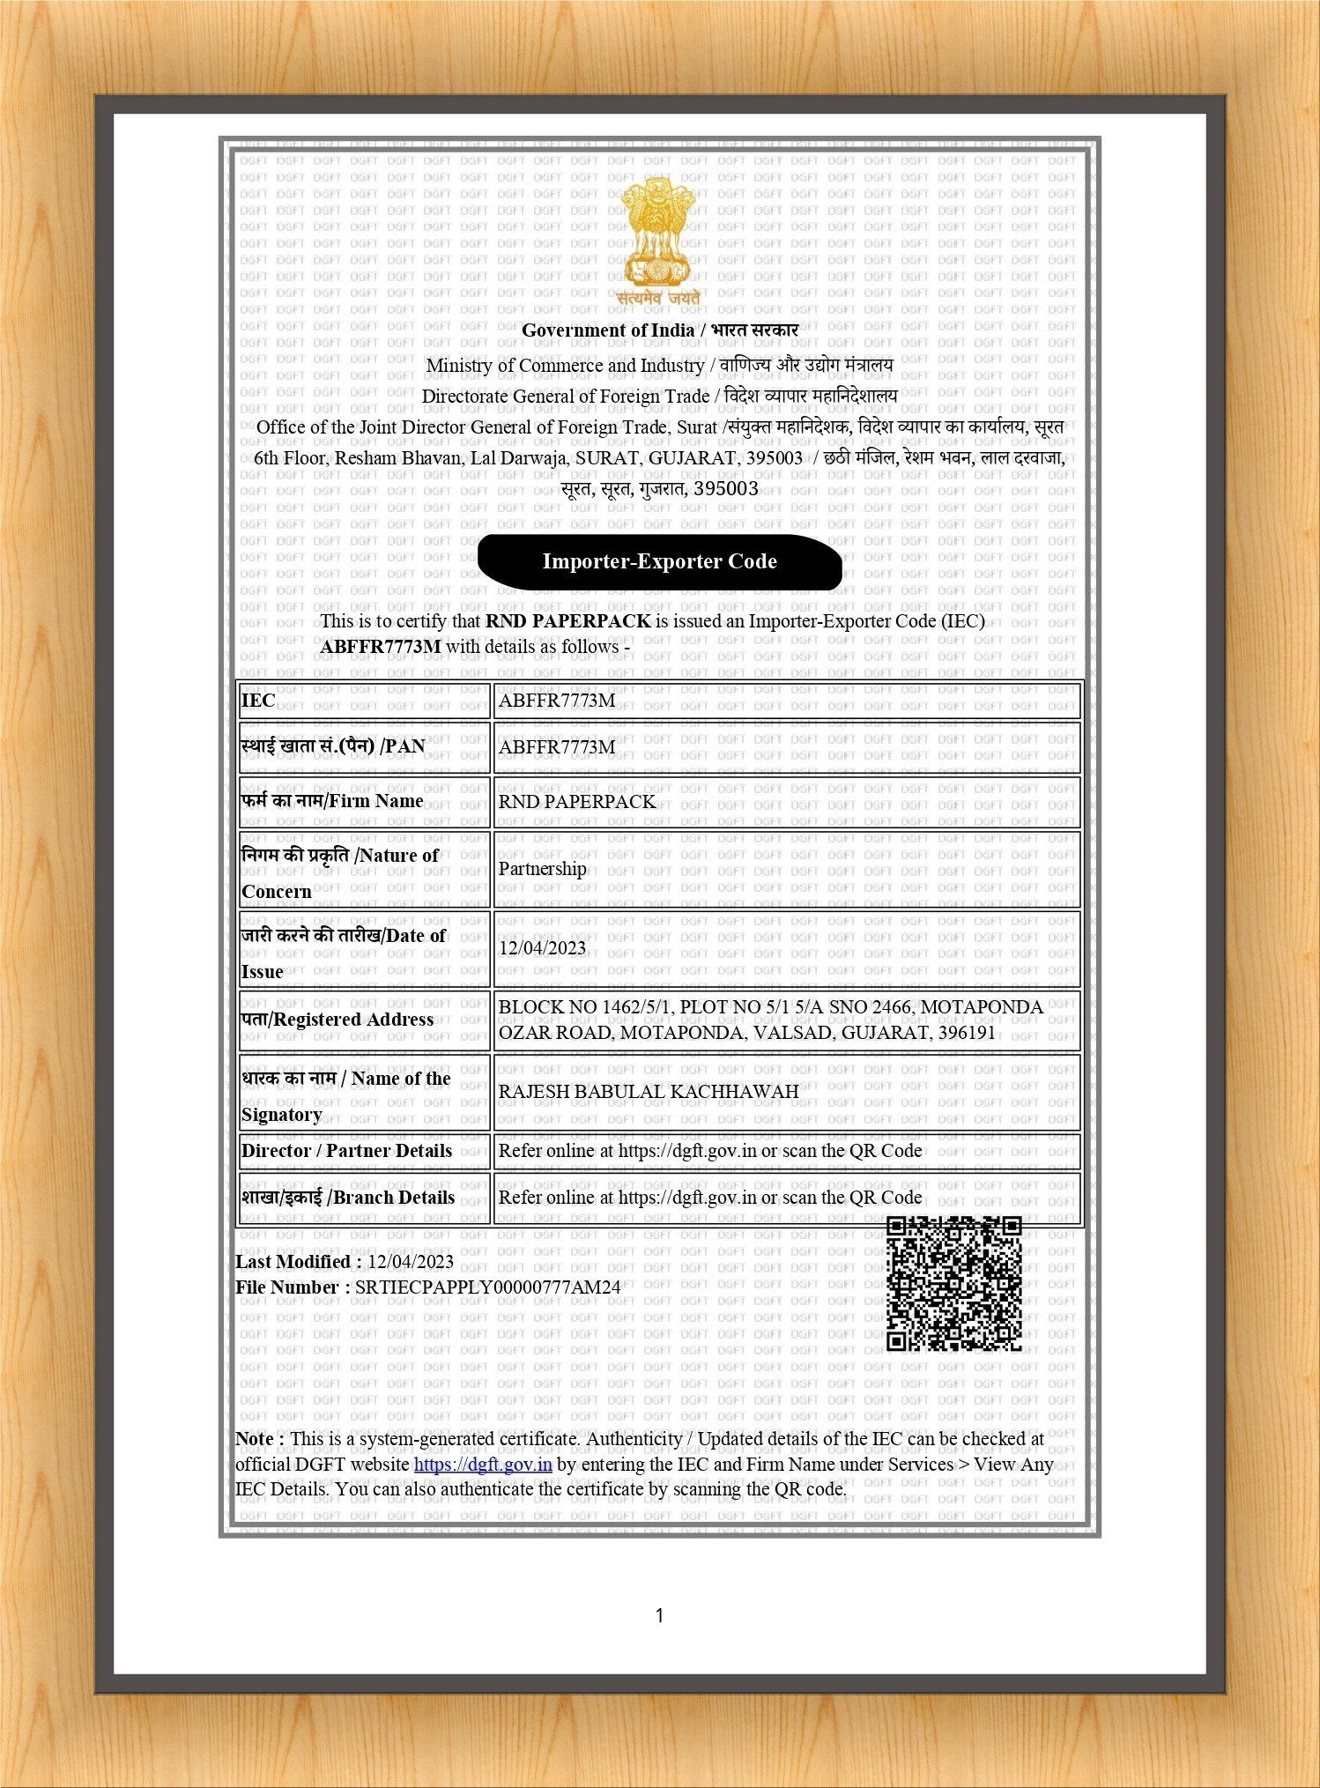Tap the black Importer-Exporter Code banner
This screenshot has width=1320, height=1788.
click(x=659, y=561)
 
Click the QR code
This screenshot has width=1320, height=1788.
click(x=953, y=1283)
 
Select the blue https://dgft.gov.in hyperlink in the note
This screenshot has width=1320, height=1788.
click(x=483, y=1465)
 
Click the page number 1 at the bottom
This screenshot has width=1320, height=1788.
click(x=659, y=1615)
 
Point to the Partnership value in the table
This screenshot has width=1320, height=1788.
click(x=542, y=869)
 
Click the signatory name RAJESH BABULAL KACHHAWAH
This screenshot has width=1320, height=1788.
click(x=649, y=1092)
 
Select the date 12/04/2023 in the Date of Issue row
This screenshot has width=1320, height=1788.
click(x=542, y=948)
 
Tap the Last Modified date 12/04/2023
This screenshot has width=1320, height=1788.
click(x=411, y=1262)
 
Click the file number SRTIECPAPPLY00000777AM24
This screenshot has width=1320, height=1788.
click(x=487, y=1287)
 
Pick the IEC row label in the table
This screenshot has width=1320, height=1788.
click(x=258, y=701)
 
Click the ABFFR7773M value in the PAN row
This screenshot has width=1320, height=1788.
click(x=557, y=747)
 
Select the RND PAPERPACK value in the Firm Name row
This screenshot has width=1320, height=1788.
click(x=577, y=802)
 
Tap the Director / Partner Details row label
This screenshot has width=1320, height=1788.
click(x=346, y=1151)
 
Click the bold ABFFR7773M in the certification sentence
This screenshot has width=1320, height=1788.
click(x=381, y=647)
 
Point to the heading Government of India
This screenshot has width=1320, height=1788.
click(x=608, y=330)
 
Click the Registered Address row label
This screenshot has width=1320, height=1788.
click(x=337, y=1020)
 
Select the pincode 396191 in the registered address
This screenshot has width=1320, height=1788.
click(x=967, y=1033)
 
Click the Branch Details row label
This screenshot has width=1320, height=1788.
click(x=348, y=1198)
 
